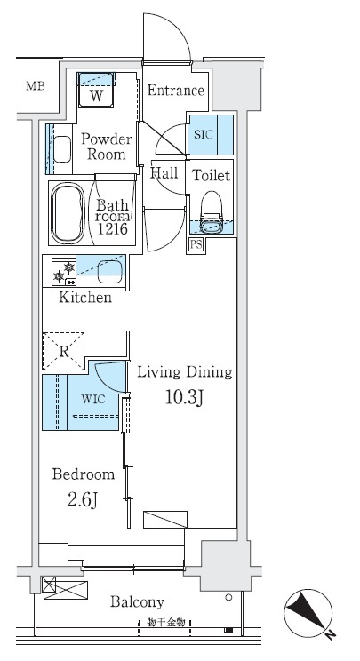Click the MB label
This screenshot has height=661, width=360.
click(x=35, y=86)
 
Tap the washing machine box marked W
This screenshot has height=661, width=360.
click(x=96, y=90)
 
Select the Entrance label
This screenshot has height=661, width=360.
click(x=176, y=91)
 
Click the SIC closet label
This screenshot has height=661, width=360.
click(x=204, y=135)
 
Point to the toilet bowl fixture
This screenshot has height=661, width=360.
click(x=212, y=212)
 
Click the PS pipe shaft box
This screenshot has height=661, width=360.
click(x=196, y=245)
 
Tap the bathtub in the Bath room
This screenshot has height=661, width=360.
click(x=68, y=213)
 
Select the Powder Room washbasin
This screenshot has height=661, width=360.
click(x=62, y=149)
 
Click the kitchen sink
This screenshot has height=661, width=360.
click(x=109, y=272)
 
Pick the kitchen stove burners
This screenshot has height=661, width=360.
click(x=64, y=272)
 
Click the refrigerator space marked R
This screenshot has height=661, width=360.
click(x=63, y=352)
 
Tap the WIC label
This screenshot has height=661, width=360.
click(x=93, y=399)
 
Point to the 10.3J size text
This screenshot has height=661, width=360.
click(x=184, y=397)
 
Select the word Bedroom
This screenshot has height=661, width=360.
click(x=84, y=474)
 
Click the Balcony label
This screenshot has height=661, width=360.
click(x=137, y=602)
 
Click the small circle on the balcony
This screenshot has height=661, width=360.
click(x=229, y=597)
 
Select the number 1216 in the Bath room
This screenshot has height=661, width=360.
click(x=113, y=229)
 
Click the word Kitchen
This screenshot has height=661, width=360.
click(x=85, y=298)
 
